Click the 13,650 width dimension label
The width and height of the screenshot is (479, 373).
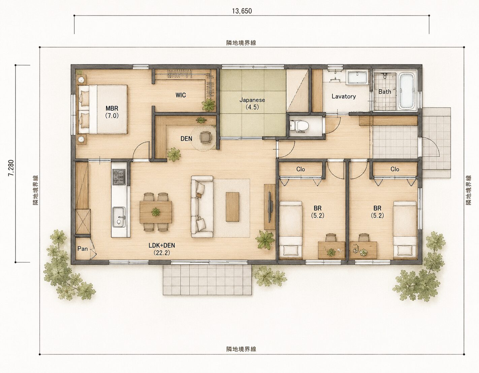click(242, 11)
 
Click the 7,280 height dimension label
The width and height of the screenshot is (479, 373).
click(11, 168)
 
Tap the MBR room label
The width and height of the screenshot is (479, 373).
click(112, 112)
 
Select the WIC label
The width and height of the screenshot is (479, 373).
click(181, 95)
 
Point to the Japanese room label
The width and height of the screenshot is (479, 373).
click(252, 104)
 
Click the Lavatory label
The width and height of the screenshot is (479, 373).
click(344, 96)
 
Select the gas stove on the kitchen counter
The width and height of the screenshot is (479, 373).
click(119, 177)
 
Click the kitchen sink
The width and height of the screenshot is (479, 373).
click(119, 217)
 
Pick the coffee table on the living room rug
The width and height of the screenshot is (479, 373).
click(232, 207)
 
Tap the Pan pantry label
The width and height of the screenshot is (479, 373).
click(83, 249)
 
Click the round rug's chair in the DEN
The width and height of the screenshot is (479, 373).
click(205, 137)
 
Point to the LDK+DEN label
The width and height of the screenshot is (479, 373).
click(162, 249)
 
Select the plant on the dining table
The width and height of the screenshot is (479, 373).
click(156, 212)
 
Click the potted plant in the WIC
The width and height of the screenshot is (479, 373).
click(209, 105)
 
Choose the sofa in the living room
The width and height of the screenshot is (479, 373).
click(202, 207)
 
